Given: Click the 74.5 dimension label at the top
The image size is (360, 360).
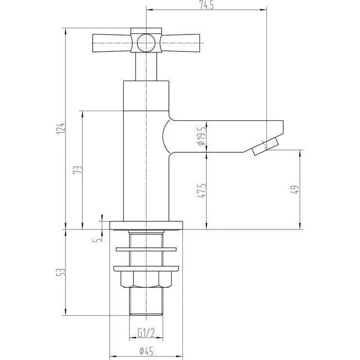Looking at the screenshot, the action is [x=206, y=5].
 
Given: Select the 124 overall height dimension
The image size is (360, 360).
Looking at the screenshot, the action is [x=61, y=129].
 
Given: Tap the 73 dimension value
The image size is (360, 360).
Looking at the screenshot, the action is [x=78, y=169].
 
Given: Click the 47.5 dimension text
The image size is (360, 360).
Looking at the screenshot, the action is [x=201, y=191].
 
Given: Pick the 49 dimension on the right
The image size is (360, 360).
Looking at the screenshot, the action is [x=295, y=190].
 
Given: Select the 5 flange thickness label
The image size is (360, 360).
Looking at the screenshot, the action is [x=98, y=240].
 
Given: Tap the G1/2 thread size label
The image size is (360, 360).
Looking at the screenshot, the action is [x=146, y=332].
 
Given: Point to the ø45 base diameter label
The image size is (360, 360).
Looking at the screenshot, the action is [x=146, y=351].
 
